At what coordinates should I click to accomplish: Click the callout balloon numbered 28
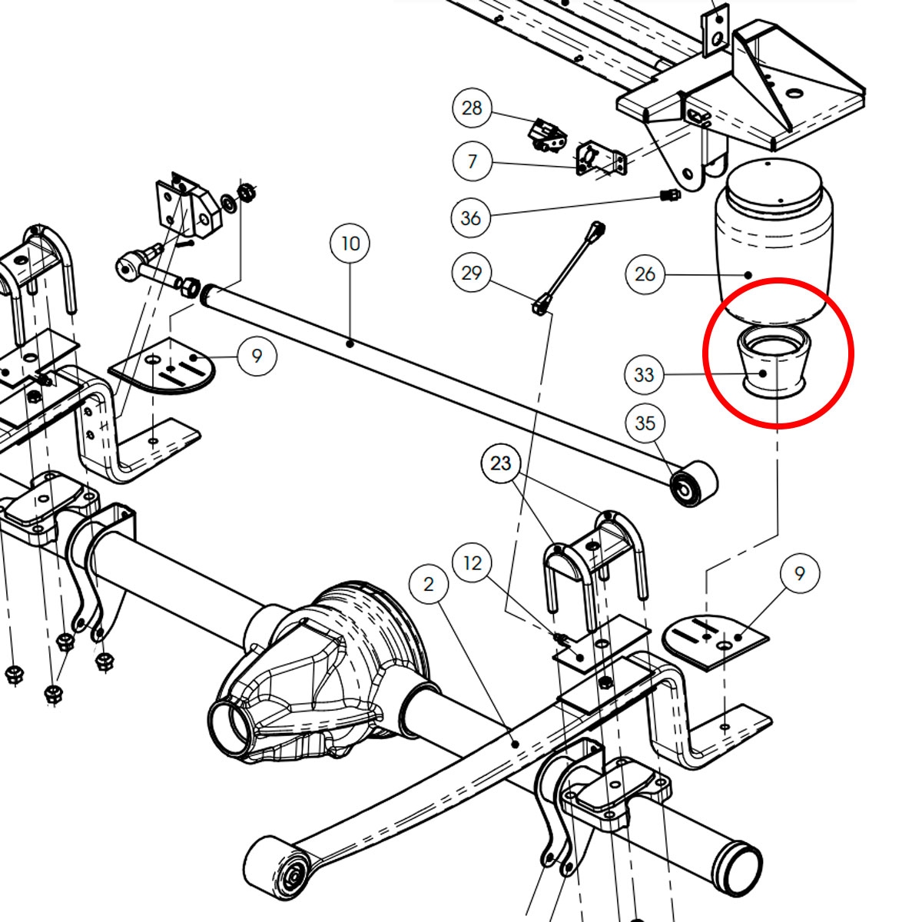472,108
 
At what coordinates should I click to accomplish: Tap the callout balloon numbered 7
472,161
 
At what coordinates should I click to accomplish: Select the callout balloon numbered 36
471,218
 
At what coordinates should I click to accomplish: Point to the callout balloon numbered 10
350,244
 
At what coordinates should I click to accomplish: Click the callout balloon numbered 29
472,273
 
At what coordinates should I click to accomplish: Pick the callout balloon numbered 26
645,274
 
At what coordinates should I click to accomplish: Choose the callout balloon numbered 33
644,375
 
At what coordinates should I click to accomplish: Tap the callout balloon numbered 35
645,423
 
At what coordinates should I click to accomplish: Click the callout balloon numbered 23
500,463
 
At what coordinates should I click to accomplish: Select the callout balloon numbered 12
473,562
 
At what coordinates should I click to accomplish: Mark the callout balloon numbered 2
429,584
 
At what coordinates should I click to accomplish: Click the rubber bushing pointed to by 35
695,484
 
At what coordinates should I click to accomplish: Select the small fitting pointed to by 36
670,194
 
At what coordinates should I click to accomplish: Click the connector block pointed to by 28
546,135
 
